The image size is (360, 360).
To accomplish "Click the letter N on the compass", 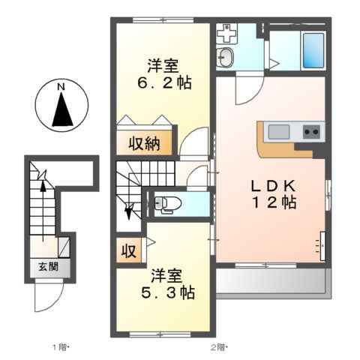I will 61,87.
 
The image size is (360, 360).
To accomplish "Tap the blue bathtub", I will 313,50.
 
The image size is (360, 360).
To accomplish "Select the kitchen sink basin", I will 279,133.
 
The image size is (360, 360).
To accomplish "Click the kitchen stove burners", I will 311,133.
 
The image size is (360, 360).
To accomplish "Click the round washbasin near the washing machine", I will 225,55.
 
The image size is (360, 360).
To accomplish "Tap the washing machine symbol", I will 226,33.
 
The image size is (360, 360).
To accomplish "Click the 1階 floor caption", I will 59,346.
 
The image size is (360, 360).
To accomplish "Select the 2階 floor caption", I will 217,346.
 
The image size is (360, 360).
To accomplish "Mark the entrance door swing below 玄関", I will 44,297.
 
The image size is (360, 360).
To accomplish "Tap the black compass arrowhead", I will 61,109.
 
